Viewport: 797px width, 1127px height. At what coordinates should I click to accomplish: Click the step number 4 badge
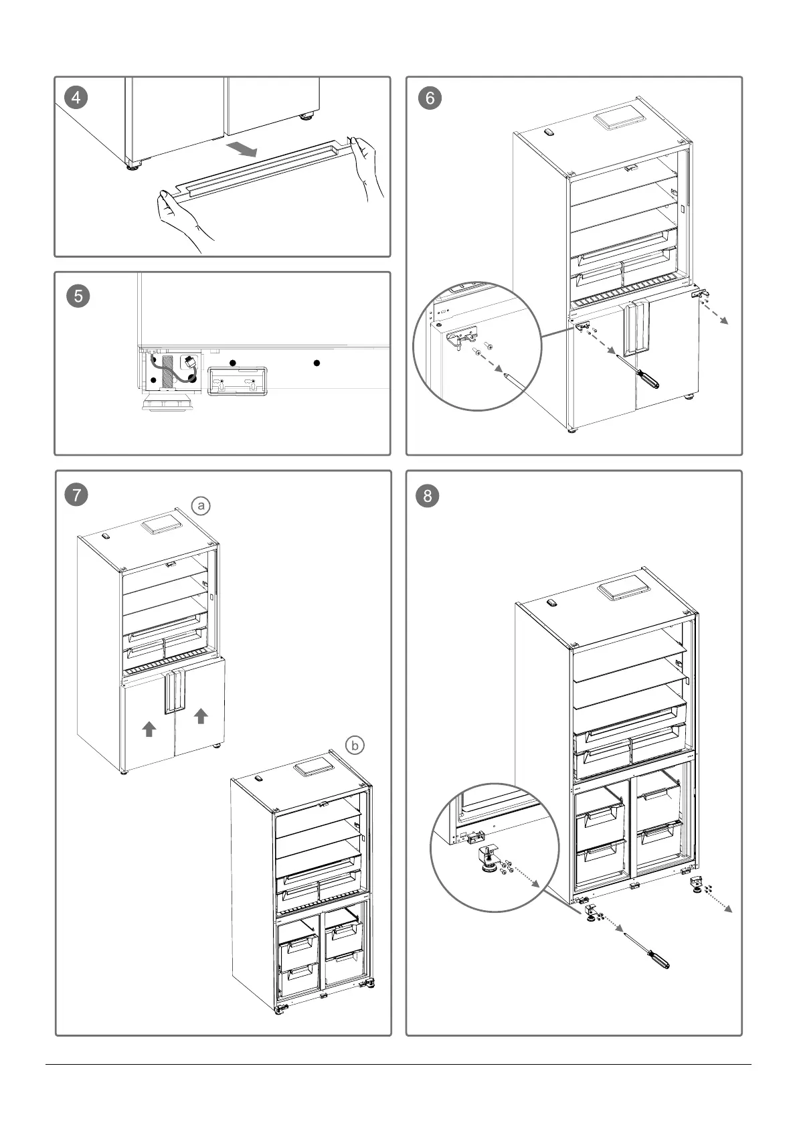(x=76, y=98)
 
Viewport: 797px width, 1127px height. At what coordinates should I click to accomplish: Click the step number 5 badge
(x=78, y=295)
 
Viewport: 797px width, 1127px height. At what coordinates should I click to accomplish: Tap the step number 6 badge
(x=430, y=98)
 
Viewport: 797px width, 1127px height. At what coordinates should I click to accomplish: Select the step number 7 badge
(x=76, y=495)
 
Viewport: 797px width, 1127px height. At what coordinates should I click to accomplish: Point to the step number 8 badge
(x=428, y=496)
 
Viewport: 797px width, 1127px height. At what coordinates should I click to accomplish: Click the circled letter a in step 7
(x=200, y=506)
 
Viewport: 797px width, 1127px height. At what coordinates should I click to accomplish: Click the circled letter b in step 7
(x=355, y=745)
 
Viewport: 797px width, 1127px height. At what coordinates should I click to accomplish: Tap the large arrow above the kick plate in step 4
(x=240, y=149)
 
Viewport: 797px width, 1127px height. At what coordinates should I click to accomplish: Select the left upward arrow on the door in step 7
(x=149, y=728)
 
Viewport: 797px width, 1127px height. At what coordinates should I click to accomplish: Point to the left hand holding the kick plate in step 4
(x=179, y=218)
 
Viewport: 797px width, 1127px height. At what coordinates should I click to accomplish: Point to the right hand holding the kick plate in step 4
(x=369, y=167)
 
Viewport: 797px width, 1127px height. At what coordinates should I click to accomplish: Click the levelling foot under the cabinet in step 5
(x=167, y=404)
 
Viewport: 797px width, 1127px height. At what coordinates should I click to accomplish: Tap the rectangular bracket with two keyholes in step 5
(x=238, y=381)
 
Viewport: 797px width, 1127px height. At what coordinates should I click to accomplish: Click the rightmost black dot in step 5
(x=317, y=363)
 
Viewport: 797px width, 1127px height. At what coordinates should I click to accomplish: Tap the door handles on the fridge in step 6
(x=634, y=329)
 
